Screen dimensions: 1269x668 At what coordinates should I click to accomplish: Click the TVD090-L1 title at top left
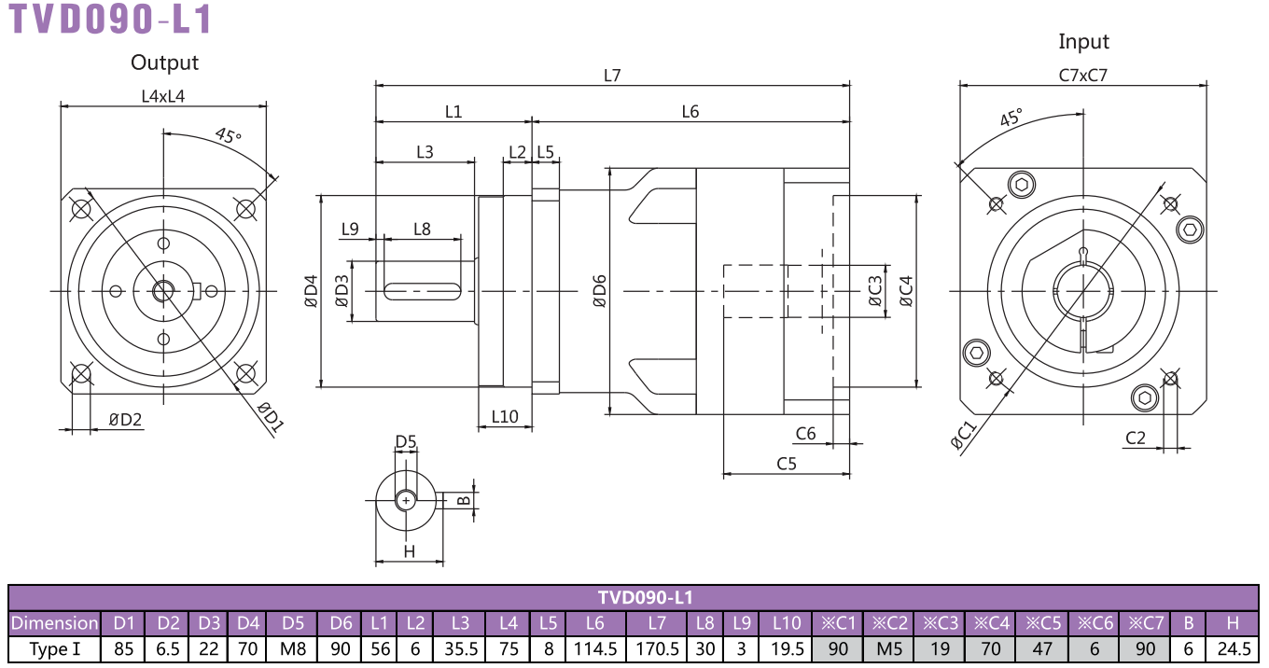click(110, 19)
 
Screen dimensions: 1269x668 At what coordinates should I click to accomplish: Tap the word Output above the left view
click(164, 63)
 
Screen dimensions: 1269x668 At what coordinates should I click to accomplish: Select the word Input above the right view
click(1083, 42)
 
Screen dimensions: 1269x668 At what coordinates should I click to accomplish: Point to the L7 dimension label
click(612, 76)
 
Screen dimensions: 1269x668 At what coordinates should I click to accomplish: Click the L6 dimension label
click(690, 112)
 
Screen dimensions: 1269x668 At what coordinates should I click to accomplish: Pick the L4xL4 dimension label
click(163, 96)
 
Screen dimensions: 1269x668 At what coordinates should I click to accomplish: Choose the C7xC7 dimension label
click(1082, 76)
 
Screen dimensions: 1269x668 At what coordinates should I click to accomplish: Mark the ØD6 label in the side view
click(599, 291)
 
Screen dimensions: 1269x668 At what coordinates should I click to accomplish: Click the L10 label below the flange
click(504, 417)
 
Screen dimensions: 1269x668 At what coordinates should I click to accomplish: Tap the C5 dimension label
click(787, 464)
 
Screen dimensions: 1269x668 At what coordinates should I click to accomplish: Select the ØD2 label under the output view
click(125, 420)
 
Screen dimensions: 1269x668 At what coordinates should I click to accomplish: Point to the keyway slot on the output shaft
click(423, 291)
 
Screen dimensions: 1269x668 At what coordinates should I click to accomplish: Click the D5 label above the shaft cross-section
click(406, 441)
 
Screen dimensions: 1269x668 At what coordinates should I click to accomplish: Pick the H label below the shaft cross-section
click(409, 551)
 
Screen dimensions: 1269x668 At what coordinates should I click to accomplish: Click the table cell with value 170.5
click(657, 648)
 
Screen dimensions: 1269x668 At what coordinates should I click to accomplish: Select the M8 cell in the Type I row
click(293, 648)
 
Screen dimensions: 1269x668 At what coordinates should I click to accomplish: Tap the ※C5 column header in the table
click(1043, 623)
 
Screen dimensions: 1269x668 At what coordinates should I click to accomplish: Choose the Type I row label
click(54, 648)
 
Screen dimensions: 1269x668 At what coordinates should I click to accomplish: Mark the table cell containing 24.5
click(1234, 648)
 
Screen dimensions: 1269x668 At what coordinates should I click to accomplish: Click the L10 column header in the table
click(787, 623)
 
